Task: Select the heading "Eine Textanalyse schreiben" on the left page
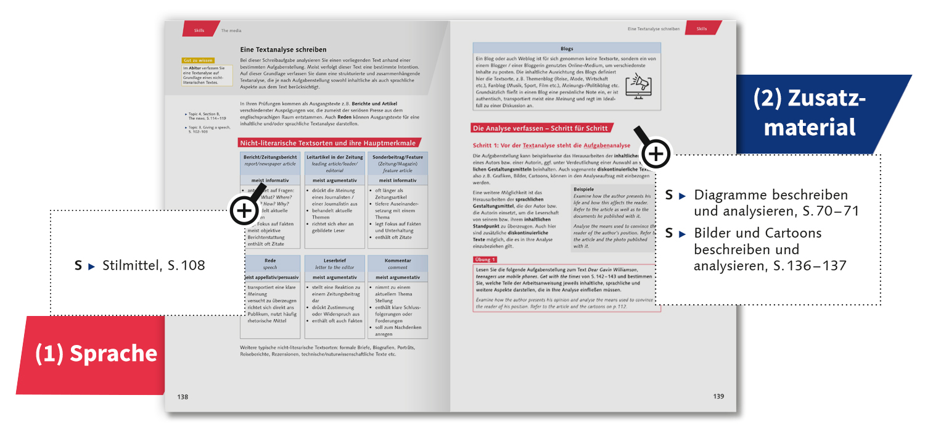[x=283, y=49]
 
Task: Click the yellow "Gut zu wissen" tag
[x=198, y=60]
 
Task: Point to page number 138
[x=183, y=396]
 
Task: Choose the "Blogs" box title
[x=567, y=48]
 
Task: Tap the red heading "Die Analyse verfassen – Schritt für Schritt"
[x=540, y=128]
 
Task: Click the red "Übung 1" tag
[x=485, y=259]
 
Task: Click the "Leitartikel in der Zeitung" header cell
[x=334, y=164]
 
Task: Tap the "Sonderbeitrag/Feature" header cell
[x=397, y=164]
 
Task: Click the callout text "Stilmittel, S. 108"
[x=154, y=266]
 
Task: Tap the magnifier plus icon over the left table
[x=244, y=210]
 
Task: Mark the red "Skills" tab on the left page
[x=200, y=29]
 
